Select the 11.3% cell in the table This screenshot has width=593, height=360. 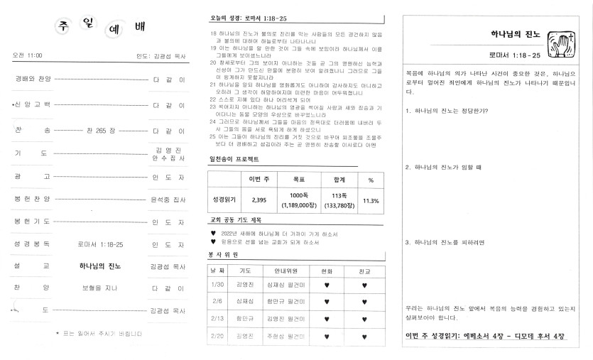(x=371, y=201)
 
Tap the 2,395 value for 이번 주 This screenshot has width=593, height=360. (x=259, y=200)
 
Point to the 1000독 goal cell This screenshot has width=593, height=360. (x=299, y=200)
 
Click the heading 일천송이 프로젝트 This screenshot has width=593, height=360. (x=234, y=159)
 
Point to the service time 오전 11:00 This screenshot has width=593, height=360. (x=28, y=55)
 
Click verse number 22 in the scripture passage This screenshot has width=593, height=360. (x=213, y=99)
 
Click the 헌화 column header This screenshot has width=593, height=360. (x=326, y=271)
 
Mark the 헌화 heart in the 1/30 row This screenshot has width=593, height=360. (x=326, y=285)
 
